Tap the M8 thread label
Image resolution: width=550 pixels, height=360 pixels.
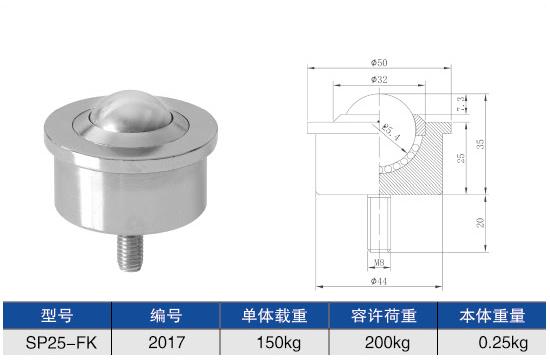(379, 264)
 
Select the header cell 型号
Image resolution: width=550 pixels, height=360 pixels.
(56, 317)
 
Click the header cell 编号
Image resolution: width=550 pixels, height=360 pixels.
(166, 317)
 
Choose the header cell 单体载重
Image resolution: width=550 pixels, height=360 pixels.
(275, 317)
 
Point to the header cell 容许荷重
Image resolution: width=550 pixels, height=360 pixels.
(384, 317)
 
